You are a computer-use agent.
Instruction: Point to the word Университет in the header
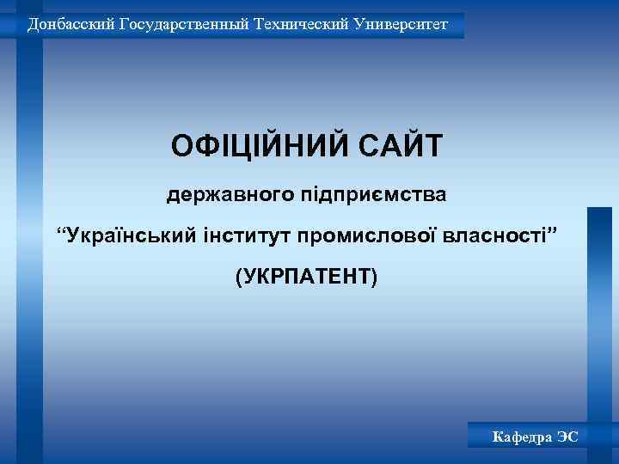coord(402,24)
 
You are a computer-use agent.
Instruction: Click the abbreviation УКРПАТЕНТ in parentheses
coord(306,277)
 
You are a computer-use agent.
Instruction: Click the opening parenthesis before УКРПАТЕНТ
coord(238,277)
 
